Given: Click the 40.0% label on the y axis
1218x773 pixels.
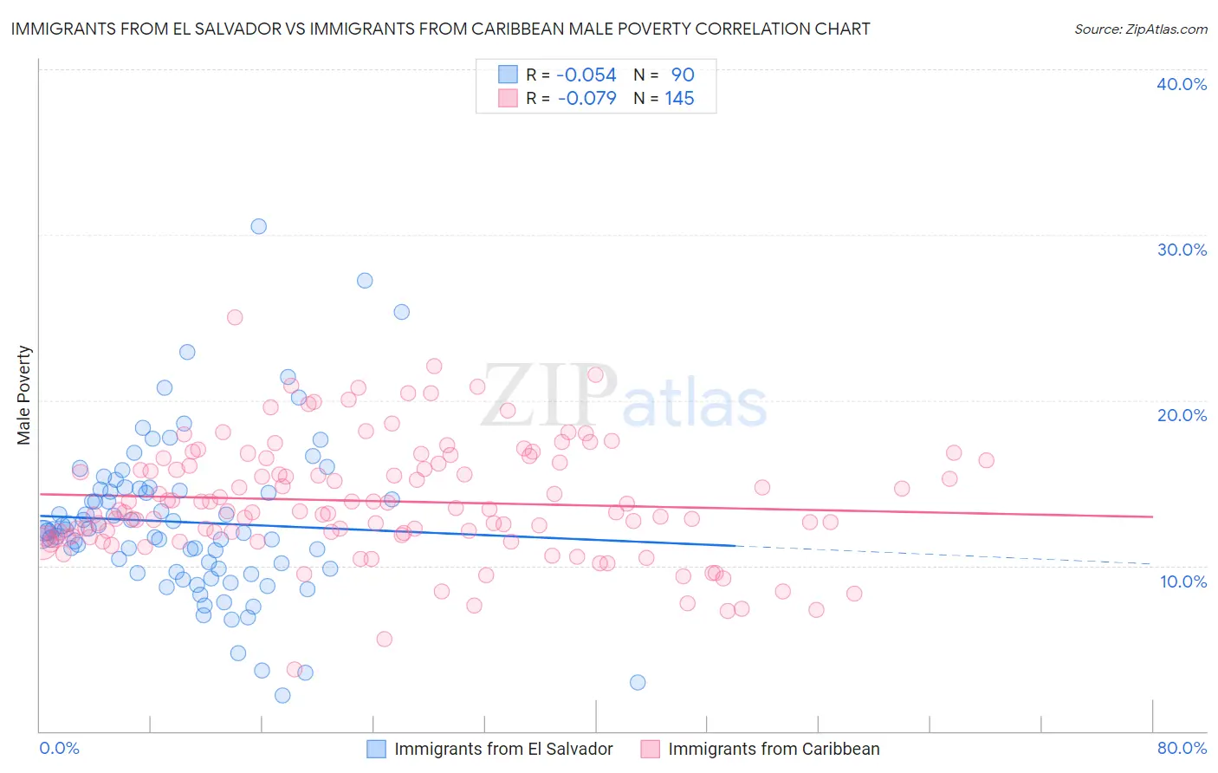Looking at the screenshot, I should tap(1181, 84).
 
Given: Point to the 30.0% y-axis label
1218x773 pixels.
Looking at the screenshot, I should tap(1181, 250).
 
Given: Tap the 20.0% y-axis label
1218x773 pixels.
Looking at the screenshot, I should tap(1181, 415).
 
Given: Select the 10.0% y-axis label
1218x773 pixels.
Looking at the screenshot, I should tap(1182, 581).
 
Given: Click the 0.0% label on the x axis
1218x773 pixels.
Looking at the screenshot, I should tap(60, 748).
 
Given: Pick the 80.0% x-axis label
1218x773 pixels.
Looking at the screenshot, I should tap(1182, 748).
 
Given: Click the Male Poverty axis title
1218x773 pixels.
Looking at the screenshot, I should tap(24, 395).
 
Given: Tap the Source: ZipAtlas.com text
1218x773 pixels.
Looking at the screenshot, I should tap(1140, 29).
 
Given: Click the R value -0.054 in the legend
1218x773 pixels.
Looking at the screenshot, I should tap(586, 75).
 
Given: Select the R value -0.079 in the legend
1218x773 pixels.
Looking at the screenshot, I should tap(586, 98).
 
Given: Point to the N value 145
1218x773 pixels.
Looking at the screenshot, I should tap(679, 98).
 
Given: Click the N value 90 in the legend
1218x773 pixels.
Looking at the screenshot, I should tap(683, 75).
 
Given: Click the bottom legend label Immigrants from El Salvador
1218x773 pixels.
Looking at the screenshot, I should tap(503, 749).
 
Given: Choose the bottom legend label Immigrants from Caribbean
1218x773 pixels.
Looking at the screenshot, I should tap(773, 749).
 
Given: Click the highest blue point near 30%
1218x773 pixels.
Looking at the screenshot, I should tap(258, 226).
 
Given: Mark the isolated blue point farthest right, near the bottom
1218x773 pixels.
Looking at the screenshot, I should tap(638, 682).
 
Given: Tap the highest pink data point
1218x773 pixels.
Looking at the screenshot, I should tap(235, 317).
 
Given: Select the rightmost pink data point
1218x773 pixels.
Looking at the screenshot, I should tap(986, 460).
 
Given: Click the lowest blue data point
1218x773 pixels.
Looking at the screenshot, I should tap(282, 695).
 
